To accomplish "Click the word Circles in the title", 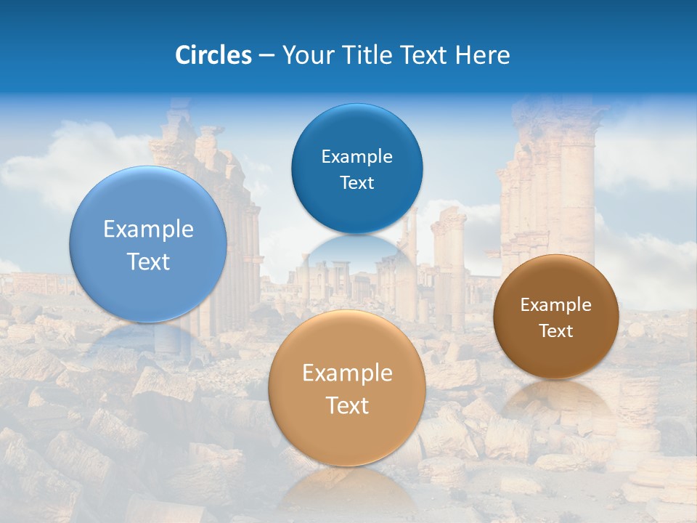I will pos(213,55).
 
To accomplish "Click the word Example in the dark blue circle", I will pos(356,157).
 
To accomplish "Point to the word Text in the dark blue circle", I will pos(356,183).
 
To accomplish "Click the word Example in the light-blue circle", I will pos(148,230).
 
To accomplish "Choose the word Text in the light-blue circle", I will pos(148,262).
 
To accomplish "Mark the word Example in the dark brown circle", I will pos(556,305).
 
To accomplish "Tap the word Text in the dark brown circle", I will pos(556,331).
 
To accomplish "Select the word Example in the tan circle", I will pos(346,373).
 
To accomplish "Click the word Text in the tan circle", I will pos(346,406).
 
